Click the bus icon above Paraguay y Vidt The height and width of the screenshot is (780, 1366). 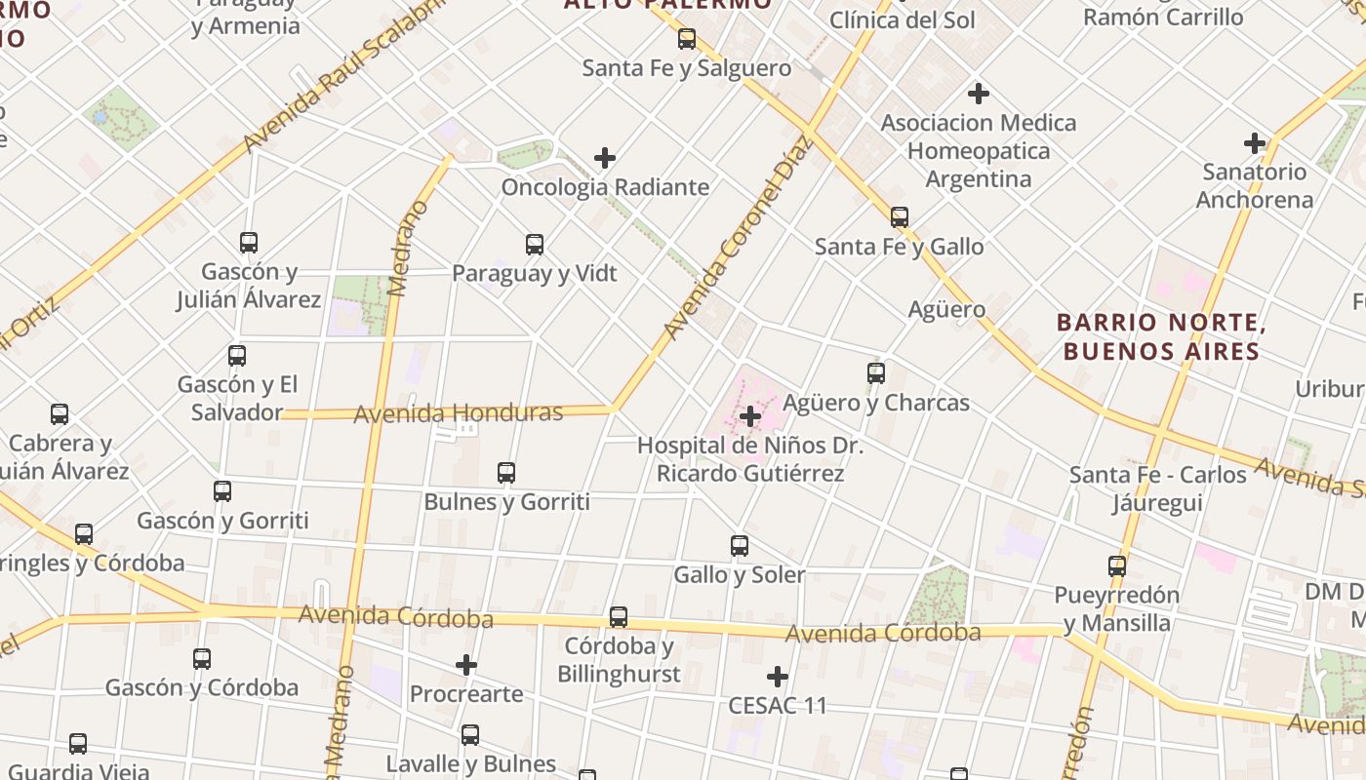[535, 245]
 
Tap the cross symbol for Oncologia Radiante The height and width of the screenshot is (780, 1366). [605, 158]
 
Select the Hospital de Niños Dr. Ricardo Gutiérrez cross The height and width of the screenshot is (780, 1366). [750, 417]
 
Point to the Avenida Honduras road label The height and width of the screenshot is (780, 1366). [458, 413]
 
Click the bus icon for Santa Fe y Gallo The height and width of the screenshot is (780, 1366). [900, 217]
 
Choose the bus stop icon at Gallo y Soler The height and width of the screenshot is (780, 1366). [740, 546]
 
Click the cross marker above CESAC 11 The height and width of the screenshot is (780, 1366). [778, 677]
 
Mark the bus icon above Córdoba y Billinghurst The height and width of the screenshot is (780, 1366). [619, 617]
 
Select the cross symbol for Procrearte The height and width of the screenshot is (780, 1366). [466, 666]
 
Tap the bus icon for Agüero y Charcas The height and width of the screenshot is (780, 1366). [876, 373]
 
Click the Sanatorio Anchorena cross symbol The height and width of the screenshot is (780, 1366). [1255, 144]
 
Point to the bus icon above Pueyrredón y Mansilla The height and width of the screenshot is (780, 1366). [1117, 565]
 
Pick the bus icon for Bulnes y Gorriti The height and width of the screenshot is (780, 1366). [506, 473]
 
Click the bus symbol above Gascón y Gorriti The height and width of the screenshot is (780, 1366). [222, 491]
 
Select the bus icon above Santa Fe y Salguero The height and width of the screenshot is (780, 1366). [687, 39]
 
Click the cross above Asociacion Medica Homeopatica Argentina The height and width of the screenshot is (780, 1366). [979, 94]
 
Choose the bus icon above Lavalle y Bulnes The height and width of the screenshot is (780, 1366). [470, 735]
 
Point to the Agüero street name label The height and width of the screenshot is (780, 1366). [946, 310]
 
